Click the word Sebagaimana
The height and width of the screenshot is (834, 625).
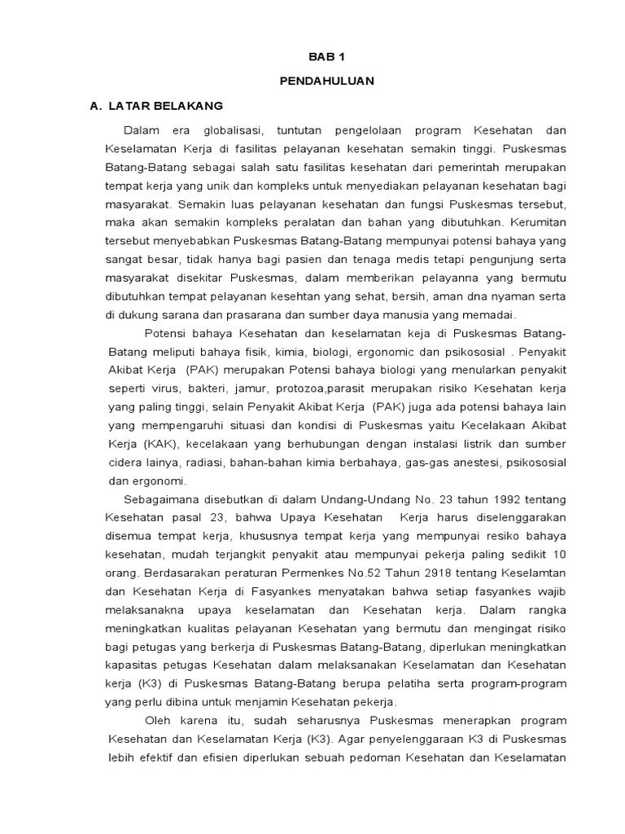[160, 498]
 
